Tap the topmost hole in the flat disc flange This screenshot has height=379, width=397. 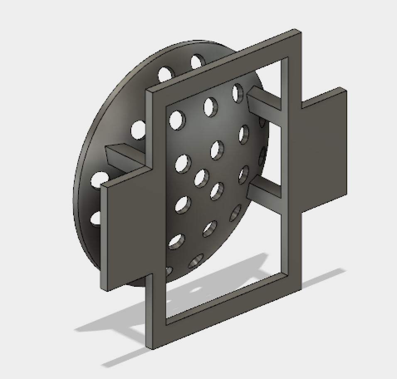point(198,62)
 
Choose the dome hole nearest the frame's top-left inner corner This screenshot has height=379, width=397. point(177,119)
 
